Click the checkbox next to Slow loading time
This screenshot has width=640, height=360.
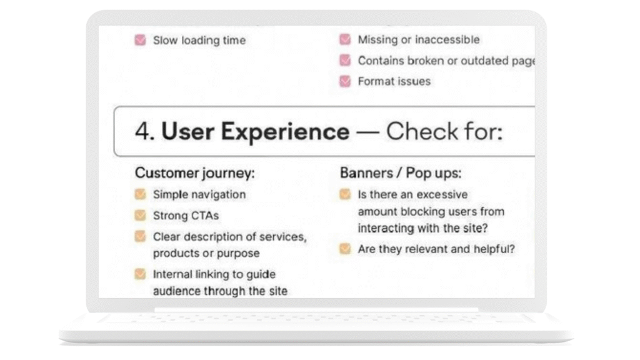tap(141, 40)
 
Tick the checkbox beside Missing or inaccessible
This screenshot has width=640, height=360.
tap(345, 39)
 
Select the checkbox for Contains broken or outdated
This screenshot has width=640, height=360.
tap(345, 61)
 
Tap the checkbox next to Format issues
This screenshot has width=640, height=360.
tap(345, 81)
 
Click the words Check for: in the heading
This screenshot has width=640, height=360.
tap(444, 131)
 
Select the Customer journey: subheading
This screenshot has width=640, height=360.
tap(195, 173)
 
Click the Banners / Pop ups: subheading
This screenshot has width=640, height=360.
tap(401, 173)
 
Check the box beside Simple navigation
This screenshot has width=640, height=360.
tap(141, 194)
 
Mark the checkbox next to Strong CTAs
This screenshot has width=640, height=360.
tap(141, 215)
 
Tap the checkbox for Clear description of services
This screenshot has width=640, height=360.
tap(141, 236)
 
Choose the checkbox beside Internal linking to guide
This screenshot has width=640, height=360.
tap(141, 274)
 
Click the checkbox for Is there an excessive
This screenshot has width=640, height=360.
tap(345, 194)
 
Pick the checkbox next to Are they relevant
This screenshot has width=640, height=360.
tap(345, 249)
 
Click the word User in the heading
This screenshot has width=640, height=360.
tap(188, 132)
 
